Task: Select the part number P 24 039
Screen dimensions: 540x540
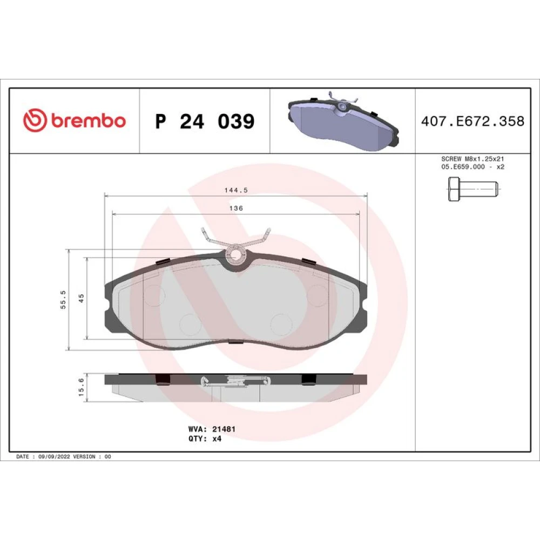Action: click(205, 121)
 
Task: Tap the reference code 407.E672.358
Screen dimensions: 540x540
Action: click(473, 121)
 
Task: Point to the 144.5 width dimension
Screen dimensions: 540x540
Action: click(236, 190)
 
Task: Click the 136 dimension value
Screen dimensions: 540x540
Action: click(237, 208)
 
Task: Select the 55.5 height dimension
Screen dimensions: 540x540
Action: click(63, 300)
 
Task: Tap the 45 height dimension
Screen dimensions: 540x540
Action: click(82, 298)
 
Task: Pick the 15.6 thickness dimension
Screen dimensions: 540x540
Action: click(82, 387)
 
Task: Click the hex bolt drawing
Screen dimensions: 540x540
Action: click(474, 189)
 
